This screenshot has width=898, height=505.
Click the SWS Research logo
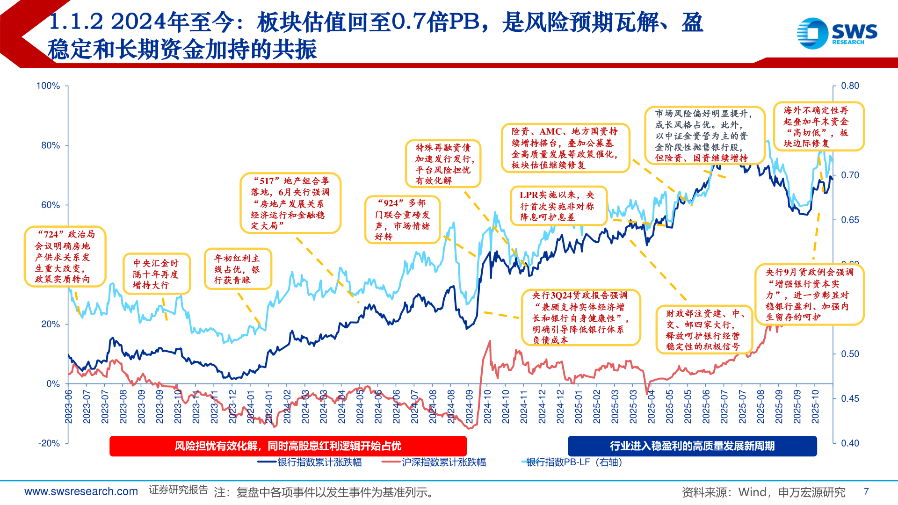[x=837, y=33]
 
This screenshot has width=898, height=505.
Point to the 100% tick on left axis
[x=48, y=86]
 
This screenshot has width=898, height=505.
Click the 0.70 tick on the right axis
[x=850, y=175]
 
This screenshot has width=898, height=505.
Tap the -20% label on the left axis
[x=49, y=443]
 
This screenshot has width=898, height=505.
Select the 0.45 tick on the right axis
[x=850, y=398]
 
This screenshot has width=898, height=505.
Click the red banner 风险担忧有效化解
[x=288, y=446]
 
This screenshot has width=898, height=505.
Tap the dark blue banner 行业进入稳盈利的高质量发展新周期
[x=692, y=446]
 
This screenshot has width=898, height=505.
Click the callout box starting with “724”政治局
[x=65, y=257]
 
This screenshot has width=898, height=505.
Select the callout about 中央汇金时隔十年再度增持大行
[x=156, y=274]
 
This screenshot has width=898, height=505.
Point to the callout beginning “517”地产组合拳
[x=290, y=203]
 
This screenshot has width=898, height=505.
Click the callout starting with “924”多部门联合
[x=402, y=220]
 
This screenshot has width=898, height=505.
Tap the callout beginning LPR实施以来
[x=558, y=206]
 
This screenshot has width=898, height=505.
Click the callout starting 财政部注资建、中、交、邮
[x=703, y=330]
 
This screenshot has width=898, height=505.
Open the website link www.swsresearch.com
[x=81, y=491]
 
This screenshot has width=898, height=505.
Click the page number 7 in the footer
[x=866, y=491]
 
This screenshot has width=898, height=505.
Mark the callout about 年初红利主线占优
[x=238, y=269]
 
